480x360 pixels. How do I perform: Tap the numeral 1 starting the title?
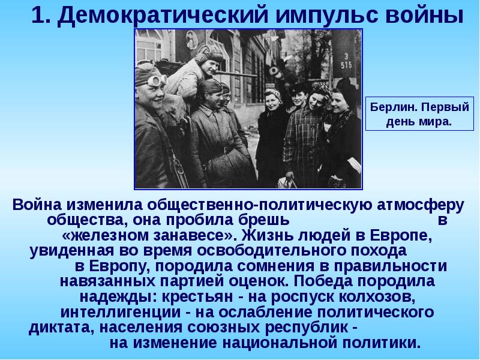tap(37, 16)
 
